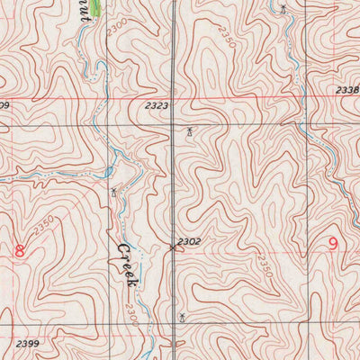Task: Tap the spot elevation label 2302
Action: pos(189,242)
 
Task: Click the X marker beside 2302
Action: pos(173,247)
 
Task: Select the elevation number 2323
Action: pos(156,105)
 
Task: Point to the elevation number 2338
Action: pos(348,90)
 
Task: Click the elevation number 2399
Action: pos(28,344)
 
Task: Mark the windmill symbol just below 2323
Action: pos(189,132)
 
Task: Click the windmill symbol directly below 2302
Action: pos(183,316)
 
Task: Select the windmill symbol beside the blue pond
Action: pos(114,191)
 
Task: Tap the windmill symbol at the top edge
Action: pos(283,9)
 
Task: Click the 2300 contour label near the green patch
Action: pos(115,31)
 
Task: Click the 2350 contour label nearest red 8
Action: pos(43,222)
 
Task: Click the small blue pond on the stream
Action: pos(107,171)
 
